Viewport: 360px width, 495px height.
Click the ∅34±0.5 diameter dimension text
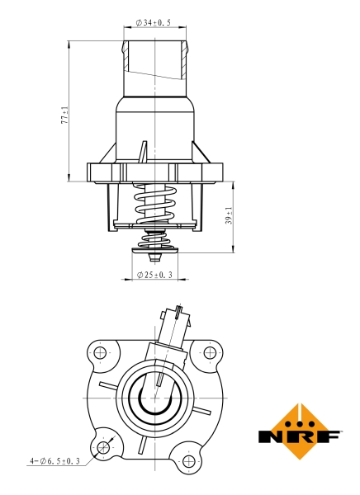point(154,24)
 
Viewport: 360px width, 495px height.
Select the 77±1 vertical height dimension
point(64,115)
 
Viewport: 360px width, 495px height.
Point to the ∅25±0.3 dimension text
point(155,274)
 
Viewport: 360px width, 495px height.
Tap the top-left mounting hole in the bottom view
point(101,354)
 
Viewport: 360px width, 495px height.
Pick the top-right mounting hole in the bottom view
point(209,353)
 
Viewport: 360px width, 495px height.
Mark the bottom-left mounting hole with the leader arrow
point(103,447)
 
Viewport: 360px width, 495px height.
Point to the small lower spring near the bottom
point(154,240)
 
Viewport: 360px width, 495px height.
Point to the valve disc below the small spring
point(154,249)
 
